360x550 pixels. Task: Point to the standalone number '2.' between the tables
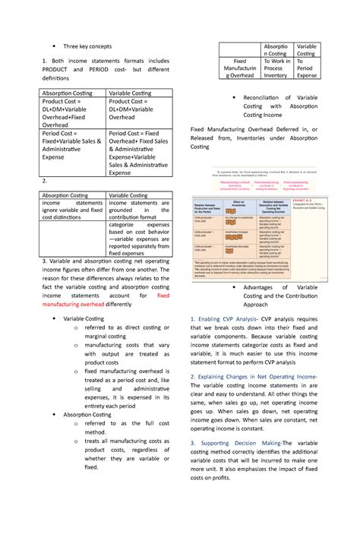46,182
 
